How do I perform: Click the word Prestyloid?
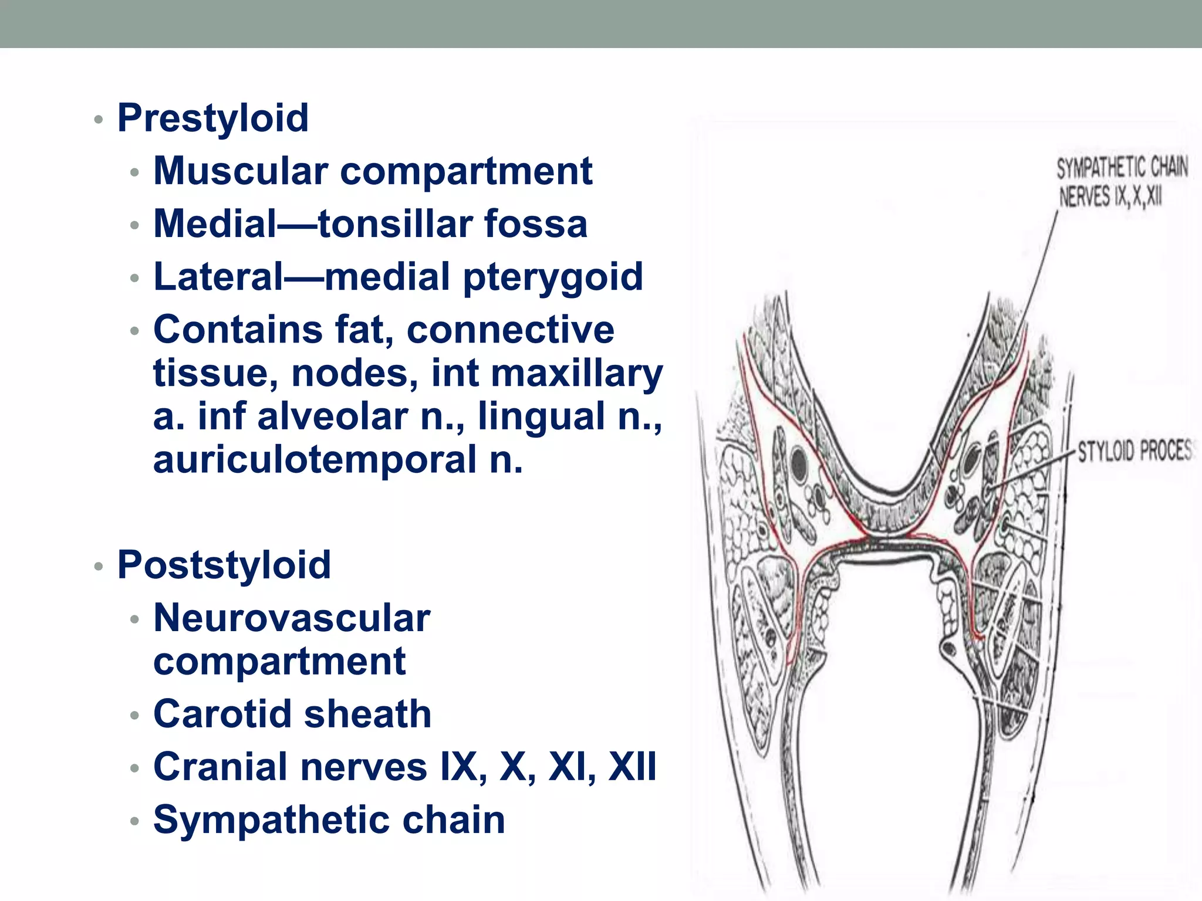pos(213,118)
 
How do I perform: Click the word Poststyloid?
pos(224,565)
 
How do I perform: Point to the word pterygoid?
pos(553,277)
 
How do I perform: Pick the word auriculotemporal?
pos(315,460)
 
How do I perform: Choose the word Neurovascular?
pos(292,618)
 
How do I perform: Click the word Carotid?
pos(222,714)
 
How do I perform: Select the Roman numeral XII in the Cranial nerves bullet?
pos(632,767)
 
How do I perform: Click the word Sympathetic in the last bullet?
pos(271,820)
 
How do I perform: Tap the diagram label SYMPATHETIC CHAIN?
pos(1122,168)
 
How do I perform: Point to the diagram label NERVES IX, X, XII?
pos(1110,197)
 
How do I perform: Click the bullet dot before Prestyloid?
pos(99,120)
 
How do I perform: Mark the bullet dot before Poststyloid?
pos(99,567)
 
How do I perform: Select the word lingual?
pos(542,416)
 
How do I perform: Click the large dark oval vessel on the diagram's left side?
pos(799,464)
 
